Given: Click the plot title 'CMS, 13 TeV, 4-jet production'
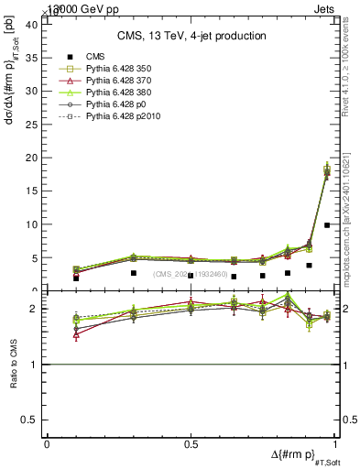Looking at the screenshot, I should click(x=191, y=37).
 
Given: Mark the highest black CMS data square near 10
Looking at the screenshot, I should click(x=327, y=224).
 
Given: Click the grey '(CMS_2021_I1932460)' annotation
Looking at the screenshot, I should click(x=191, y=274).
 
